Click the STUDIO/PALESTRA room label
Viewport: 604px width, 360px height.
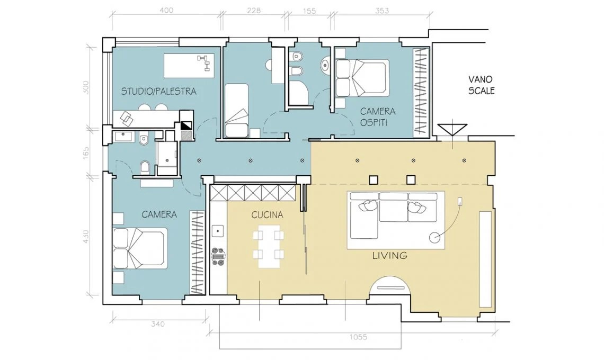click(x=159, y=91)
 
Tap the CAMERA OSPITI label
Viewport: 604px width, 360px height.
click(x=377, y=117)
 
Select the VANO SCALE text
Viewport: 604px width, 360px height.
click(x=481, y=85)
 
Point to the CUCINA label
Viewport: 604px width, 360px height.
click(x=267, y=215)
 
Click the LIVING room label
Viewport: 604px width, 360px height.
click(x=390, y=255)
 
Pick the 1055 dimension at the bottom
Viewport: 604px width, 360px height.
click(x=358, y=337)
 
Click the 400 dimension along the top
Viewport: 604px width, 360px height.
click(x=166, y=11)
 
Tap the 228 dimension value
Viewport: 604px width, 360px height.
click(x=254, y=11)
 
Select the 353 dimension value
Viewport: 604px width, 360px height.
click(x=381, y=11)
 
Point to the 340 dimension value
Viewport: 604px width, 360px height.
click(x=157, y=324)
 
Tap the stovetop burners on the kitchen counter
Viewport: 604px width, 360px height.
click(x=218, y=255)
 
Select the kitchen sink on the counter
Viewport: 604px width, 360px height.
click(x=218, y=231)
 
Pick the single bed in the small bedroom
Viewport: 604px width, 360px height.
click(x=236, y=111)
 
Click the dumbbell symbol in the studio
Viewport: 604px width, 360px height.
click(x=204, y=63)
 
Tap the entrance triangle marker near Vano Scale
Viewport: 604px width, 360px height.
click(x=452, y=130)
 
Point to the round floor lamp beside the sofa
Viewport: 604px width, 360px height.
click(x=435, y=238)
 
